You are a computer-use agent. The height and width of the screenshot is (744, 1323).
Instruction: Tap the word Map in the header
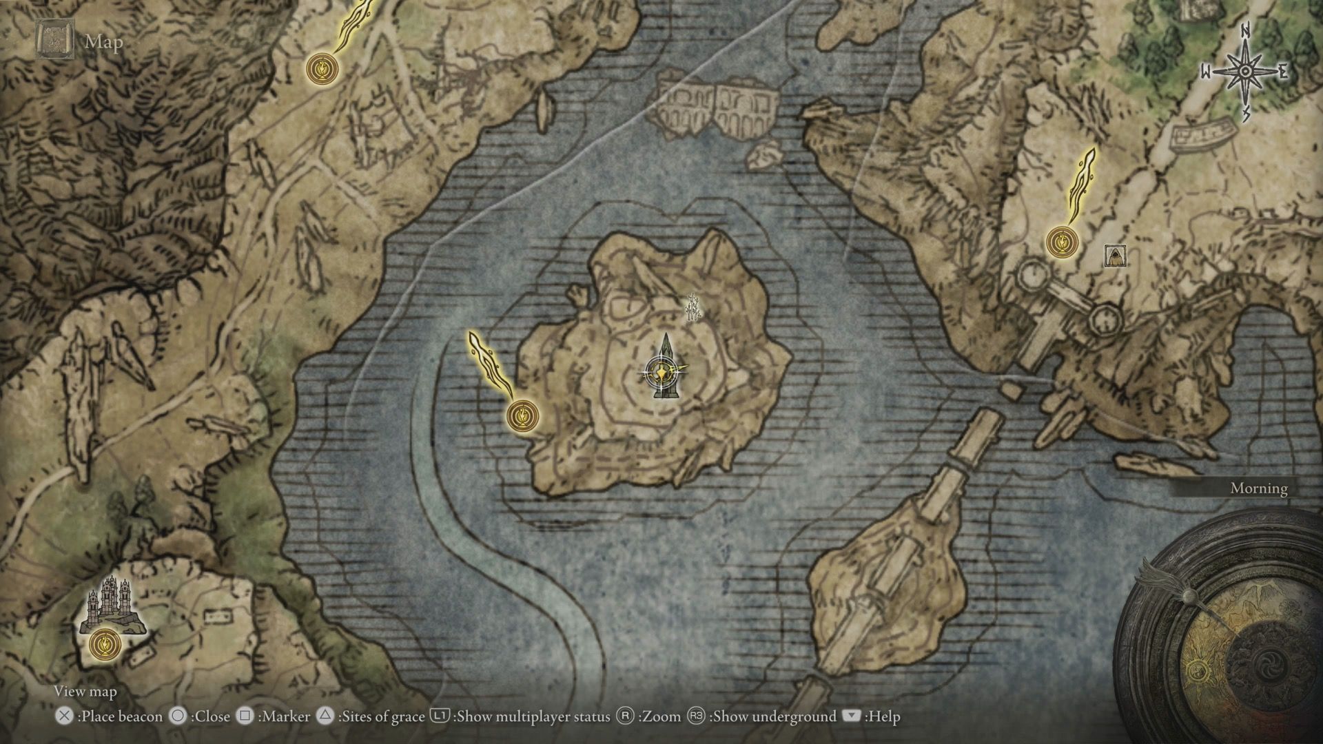[x=104, y=42]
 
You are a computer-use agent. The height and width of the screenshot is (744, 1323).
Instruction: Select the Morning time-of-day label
[x=1259, y=488]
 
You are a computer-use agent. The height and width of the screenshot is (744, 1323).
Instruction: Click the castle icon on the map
[x=112, y=605]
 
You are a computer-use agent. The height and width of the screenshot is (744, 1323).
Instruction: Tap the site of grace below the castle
[x=105, y=645]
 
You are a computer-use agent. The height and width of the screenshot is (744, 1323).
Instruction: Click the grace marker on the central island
[x=522, y=415]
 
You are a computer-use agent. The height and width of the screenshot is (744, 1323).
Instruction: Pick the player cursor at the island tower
[x=663, y=373]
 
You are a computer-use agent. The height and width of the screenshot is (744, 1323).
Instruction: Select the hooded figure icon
[x=1114, y=256]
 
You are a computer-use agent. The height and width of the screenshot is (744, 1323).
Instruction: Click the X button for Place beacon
[x=64, y=716]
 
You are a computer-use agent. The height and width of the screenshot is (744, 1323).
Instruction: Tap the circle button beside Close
[x=178, y=716]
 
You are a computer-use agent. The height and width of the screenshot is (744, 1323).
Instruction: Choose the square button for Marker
[x=245, y=716]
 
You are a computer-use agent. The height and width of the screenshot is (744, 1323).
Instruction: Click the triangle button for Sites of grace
[x=325, y=716]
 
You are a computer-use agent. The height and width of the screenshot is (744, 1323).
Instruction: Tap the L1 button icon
[x=440, y=716]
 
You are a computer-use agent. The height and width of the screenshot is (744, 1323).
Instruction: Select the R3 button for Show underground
[x=696, y=716]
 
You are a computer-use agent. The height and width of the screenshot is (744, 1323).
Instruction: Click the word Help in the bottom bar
[x=884, y=717]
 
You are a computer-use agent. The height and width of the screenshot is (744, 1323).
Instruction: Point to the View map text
[x=85, y=692]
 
